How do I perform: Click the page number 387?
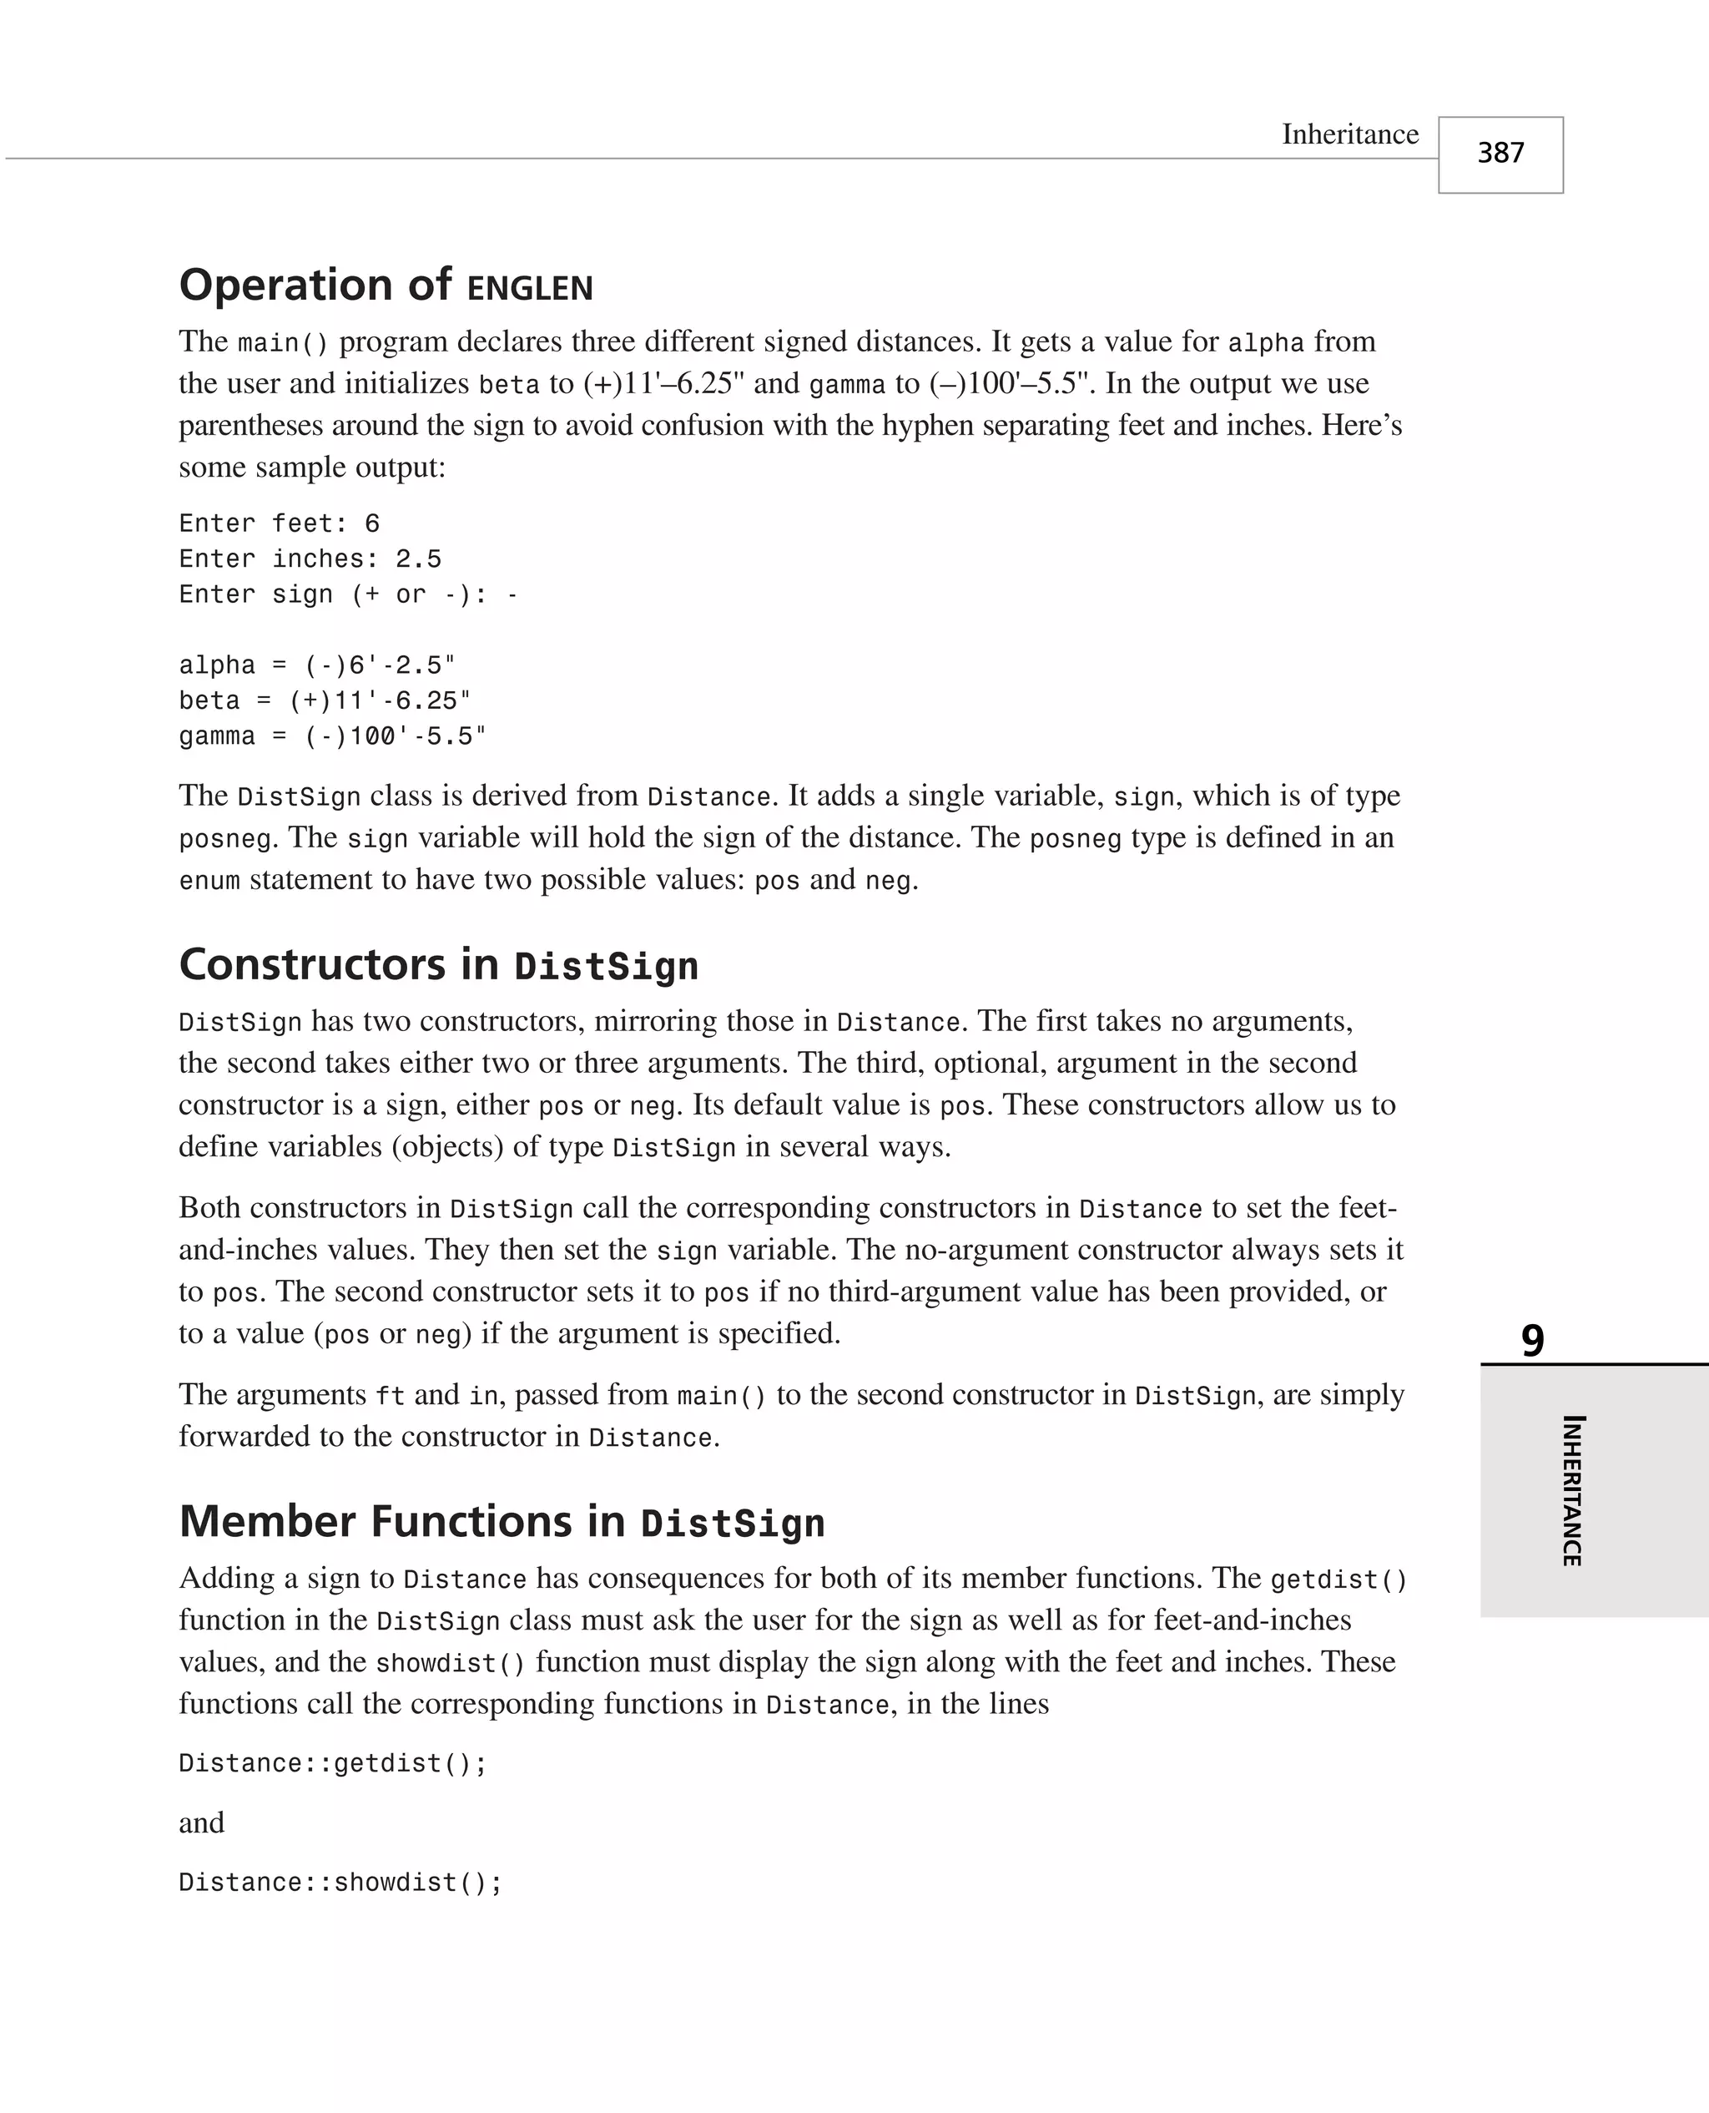pos(1500,154)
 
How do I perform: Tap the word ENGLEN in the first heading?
pos(530,289)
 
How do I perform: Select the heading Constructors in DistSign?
pos(439,965)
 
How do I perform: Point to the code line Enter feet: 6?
pos(279,523)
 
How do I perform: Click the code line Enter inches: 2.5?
pos(310,559)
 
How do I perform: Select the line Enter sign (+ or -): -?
pos(347,594)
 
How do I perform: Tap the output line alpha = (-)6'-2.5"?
pos(317,665)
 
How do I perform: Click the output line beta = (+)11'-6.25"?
pos(325,701)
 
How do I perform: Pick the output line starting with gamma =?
pos(333,736)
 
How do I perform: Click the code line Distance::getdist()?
pos(333,1762)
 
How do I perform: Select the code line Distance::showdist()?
pos(340,1882)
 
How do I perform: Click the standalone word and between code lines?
pos(202,1822)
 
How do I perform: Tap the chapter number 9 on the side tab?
pos(1532,1340)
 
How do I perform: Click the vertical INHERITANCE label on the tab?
pos(1572,1489)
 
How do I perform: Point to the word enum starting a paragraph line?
pos(209,880)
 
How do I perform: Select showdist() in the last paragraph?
pos(450,1663)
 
